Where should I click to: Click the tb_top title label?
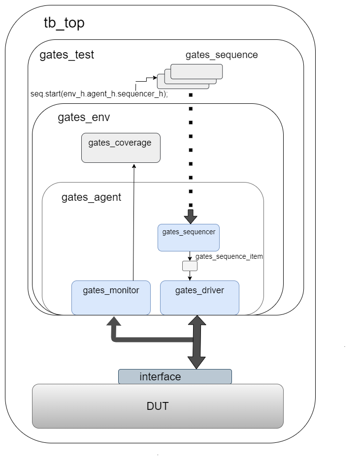tap(64, 23)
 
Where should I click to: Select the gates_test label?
tap(66, 55)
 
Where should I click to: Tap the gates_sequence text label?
tap(222, 55)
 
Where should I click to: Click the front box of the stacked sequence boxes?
tap(196, 72)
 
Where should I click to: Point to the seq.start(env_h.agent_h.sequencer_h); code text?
tap(99, 94)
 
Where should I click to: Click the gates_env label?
tap(84, 118)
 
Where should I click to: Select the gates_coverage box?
tap(121, 148)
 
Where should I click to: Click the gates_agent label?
tap(91, 197)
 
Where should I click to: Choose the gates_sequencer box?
tap(189, 238)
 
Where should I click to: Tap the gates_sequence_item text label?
tap(229, 256)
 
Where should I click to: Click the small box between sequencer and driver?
tap(190, 266)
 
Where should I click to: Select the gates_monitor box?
tap(111, 298)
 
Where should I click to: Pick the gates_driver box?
tap(199, 298)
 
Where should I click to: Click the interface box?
tap(175, 377)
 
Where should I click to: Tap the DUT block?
tap(158, 406)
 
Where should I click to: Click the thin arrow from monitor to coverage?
tap(133, 221)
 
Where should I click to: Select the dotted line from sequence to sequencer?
tap(191, 148)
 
